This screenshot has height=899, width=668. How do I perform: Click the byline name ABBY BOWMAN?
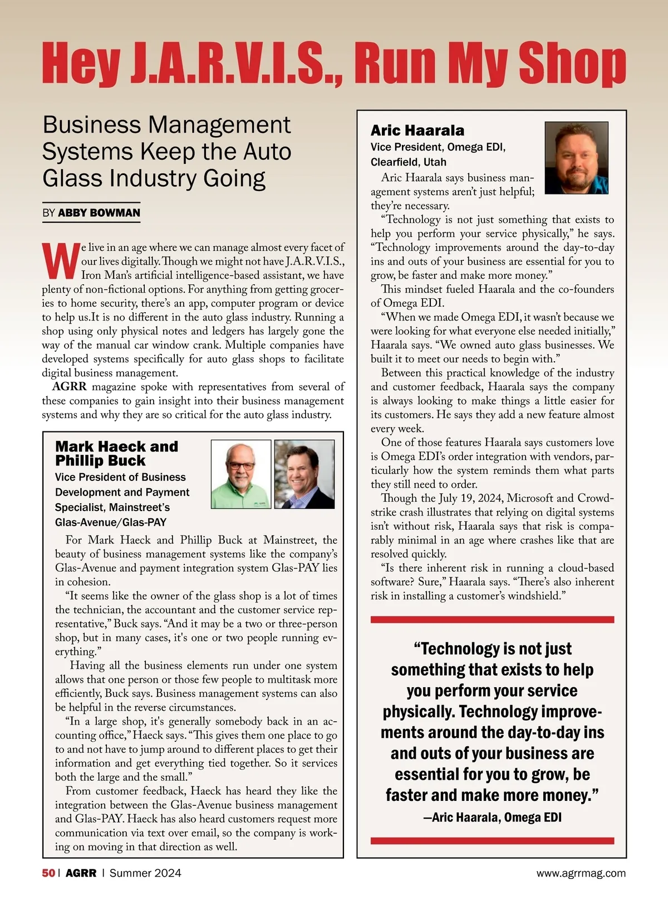tap(99, 213)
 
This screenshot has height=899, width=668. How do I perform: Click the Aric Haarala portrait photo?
tap(576, 158)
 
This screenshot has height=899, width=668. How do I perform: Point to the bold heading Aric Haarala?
tap(417, 130)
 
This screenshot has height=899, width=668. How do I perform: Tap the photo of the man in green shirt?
tap(240, 474)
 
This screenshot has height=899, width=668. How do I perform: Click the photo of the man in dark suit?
tap(304, 474)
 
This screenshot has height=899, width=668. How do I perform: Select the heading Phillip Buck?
tap(100, 461)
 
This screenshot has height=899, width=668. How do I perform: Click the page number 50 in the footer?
tap(48, 873)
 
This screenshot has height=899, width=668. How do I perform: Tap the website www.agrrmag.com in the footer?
tap(581, 873)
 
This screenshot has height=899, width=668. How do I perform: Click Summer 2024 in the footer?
tap(145, 873)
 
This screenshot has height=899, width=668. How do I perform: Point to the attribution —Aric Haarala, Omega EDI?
tap(492, 818)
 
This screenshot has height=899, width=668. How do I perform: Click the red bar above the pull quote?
tap(492, 619)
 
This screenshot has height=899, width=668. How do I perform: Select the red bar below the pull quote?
tap(492, 840)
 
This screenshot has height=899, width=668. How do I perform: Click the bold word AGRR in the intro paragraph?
tap(70, 387)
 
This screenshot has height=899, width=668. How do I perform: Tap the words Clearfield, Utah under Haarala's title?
tap(409, 162)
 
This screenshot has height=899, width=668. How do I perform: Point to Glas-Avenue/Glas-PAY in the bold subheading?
tap(110, 523)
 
